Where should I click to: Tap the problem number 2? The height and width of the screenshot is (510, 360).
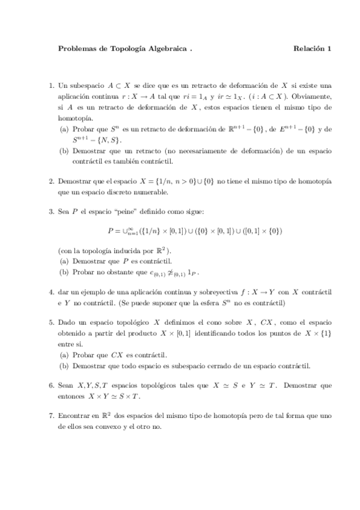tap(51, 181)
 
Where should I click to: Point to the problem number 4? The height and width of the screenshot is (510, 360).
tap(51, 292)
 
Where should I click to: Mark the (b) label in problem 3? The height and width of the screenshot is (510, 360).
tap(64, 272)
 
